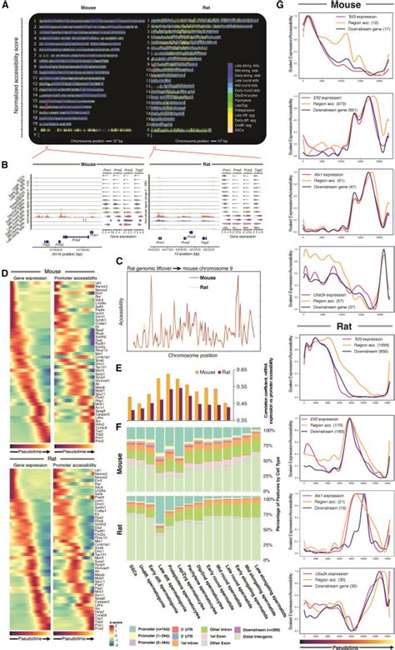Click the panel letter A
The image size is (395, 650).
click(x=4, y=5)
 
